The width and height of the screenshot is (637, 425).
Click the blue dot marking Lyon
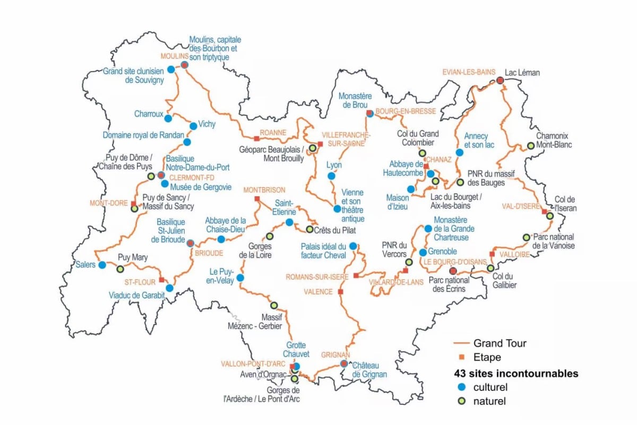[331, 176]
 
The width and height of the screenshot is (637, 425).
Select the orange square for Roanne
[257, 138]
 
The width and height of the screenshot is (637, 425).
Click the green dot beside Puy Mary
[120, 269]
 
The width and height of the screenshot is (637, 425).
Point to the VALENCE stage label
[318, 292]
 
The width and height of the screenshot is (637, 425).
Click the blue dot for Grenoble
[423, 253]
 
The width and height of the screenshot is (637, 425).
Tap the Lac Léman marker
[500, 80]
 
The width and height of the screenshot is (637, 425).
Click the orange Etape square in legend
[461, 358]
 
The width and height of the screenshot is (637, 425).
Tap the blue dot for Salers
[102, 264]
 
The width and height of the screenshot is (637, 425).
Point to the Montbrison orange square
[257, 198]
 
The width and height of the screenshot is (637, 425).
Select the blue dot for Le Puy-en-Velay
[240, 277]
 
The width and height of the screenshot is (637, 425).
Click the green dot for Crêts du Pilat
[309, 229]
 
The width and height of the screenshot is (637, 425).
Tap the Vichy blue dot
[193, 126]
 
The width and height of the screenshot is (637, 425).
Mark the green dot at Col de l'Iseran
[550, 216]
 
